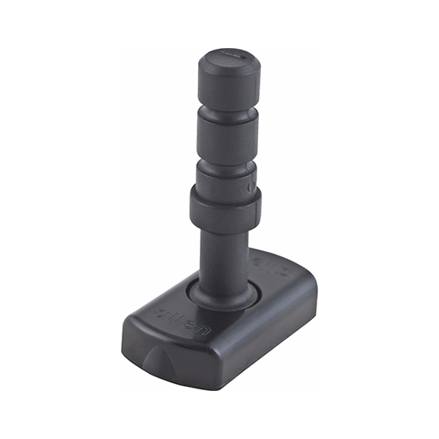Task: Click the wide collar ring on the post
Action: [x=225, y=206]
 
